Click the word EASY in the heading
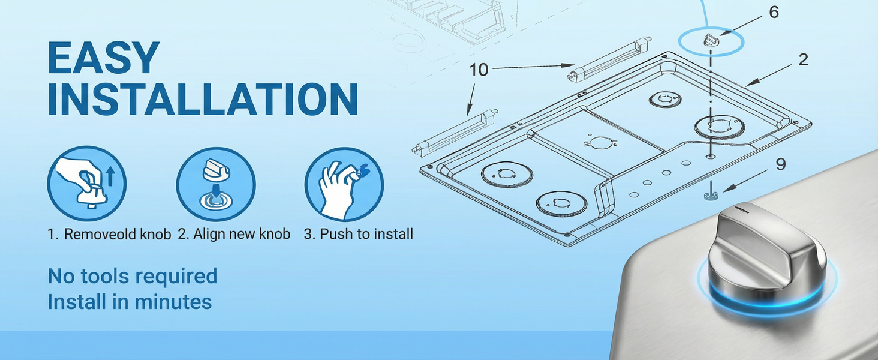tap(104, 58)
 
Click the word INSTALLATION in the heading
tap(203, 99)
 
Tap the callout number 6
tap(774, 13)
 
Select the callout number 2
tap(803, 60)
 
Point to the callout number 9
tap(781, 164)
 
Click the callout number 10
tap(479, 70)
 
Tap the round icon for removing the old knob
tap(86, 184)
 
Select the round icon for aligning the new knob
tap(215, 184)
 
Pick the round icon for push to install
tap(344, 184)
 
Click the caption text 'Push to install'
tap(366, 234)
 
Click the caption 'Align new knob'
tap(242, 234)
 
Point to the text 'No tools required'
tap(133, 275)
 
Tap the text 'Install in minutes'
tap(130, 302)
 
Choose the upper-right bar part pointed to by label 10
tap(610, 59)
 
